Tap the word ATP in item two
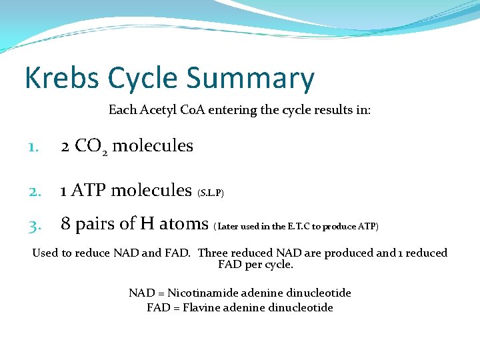tap(88, 191)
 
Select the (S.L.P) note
tap(211, 193)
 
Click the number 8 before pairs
tap(66, 224)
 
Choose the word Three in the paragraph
tap(213, 253)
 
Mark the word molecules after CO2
tap(153, 146)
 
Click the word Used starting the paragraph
tap(45, 253)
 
